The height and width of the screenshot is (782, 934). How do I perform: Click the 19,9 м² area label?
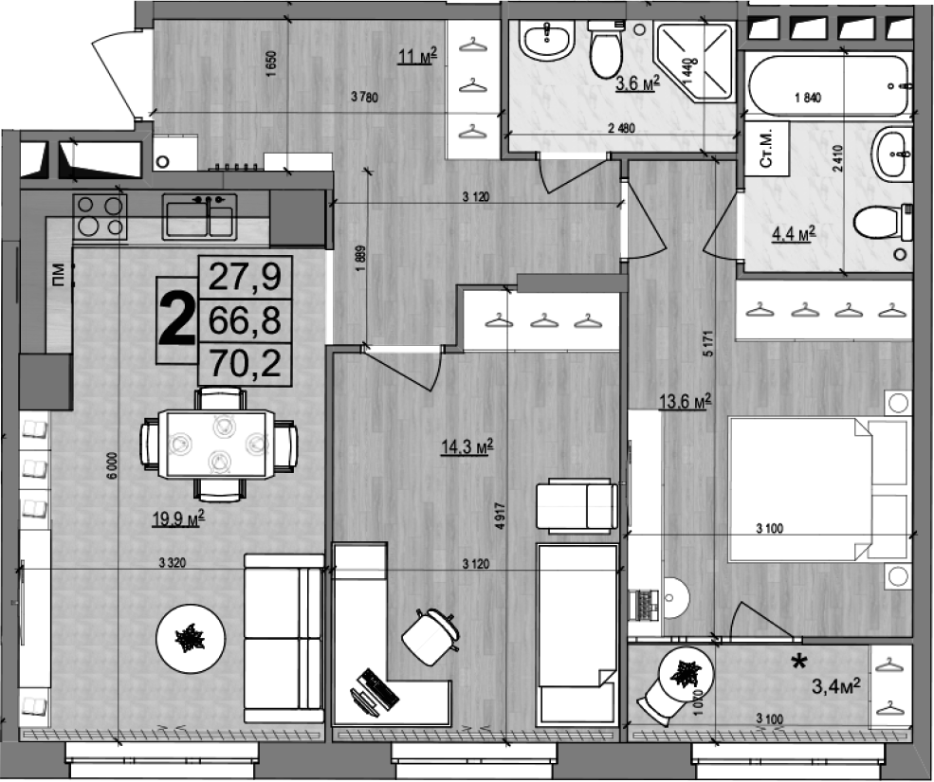click(178, 517)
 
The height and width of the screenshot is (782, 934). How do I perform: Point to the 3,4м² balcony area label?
click(835, 683)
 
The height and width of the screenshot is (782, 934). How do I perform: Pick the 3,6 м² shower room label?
click(637, 83)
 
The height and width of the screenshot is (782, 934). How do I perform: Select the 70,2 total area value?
click(245, 363)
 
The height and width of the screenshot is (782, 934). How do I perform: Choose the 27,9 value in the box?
click(245, 278)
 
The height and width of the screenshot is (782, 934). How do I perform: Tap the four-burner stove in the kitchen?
click(100, 215)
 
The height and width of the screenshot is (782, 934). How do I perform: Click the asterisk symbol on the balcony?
click(800, 662)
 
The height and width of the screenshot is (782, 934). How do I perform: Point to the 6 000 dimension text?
click(112, 467)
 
